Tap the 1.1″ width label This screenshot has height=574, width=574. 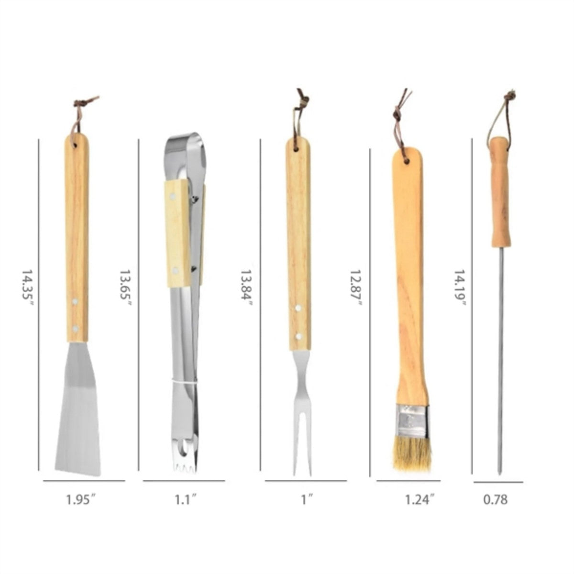185,499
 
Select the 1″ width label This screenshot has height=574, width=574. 307,499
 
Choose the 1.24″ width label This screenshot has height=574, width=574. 419,499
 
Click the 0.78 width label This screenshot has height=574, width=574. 495,499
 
